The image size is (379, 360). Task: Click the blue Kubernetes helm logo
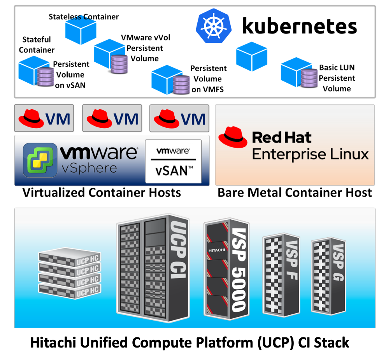pos(214,26)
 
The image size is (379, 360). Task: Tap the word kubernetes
pos(299,26)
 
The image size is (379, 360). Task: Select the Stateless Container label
pos(83,17)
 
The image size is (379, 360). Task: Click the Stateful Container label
pos(37,45)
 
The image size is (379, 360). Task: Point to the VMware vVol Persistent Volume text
pos(145,48)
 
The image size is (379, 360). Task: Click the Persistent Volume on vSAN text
pos(70,74)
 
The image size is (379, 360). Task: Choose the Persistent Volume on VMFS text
pos(208,79)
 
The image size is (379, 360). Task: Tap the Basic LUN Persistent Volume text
pos(337,78)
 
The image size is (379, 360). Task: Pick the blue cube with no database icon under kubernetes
pos(252,56)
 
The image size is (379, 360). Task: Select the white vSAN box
pos(173,161)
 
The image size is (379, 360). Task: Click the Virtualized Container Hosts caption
pos(102,192)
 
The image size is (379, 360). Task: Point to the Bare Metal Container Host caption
pos(295,192)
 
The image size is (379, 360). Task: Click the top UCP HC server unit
pos(70,258)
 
